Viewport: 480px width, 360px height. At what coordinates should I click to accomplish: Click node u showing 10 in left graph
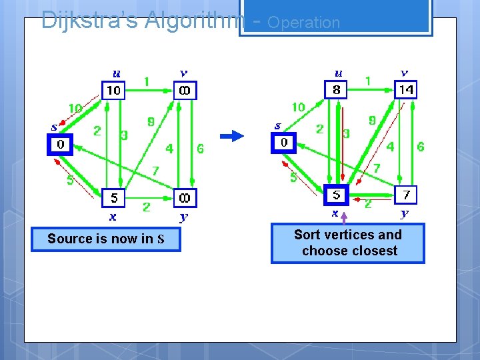[113, 90]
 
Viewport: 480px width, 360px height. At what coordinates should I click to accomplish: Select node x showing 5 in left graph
[114, 198]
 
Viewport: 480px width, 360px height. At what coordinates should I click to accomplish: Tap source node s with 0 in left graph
[60, 145]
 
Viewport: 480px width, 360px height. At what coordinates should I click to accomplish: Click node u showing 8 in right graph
[336, 89]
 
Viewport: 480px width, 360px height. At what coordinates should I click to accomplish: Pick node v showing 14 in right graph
[405, 89]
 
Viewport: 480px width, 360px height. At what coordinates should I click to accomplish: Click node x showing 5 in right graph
[337, 195]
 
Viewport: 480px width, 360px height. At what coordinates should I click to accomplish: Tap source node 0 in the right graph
[283, 143]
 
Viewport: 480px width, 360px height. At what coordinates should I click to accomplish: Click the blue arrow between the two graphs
[233, 136]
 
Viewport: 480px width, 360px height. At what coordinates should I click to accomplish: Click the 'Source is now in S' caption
[105, 239]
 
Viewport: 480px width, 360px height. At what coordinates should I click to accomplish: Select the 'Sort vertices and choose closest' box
[347, 243]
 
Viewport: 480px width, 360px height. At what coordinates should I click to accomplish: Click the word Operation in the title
[303, 23]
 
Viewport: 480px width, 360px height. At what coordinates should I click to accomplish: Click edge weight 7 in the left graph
[155, 171]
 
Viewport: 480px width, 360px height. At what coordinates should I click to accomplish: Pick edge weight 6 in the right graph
[420, 147]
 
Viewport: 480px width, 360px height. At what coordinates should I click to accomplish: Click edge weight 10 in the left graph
[75, 108]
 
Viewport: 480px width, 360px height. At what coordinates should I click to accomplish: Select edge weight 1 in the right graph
[367, 81]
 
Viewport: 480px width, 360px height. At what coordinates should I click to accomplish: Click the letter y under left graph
[183, 217]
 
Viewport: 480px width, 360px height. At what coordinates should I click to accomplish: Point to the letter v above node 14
[404, 73]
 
